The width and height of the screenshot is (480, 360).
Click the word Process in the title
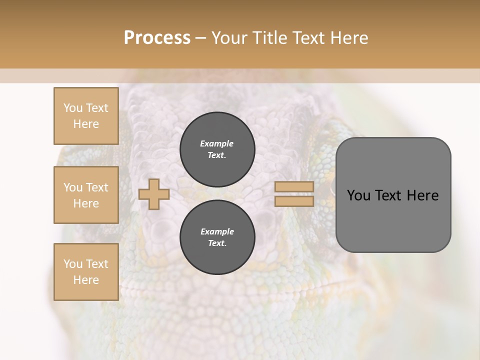(x=157, y=38)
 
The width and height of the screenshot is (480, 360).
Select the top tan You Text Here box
(x=86, y=116)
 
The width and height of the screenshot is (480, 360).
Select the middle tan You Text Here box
(x=86, y=195)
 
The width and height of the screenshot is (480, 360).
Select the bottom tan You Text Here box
(x=86, y=272)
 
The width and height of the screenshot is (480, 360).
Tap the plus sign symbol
(x=154, y=194)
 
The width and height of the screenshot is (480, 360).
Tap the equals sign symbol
(x=294, y=194)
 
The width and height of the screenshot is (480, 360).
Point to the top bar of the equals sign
(x=294, y=187)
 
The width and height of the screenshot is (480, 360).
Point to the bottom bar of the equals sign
(x=294, y=201)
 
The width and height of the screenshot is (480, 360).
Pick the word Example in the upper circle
(x=217, y=143)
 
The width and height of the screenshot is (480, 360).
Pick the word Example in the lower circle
(x=217, y=231)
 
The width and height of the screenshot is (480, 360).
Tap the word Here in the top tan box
(x=86, y=124)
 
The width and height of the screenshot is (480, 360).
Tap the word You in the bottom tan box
(x=73, y=264)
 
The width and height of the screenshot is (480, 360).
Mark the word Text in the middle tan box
(x=96, y=187)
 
